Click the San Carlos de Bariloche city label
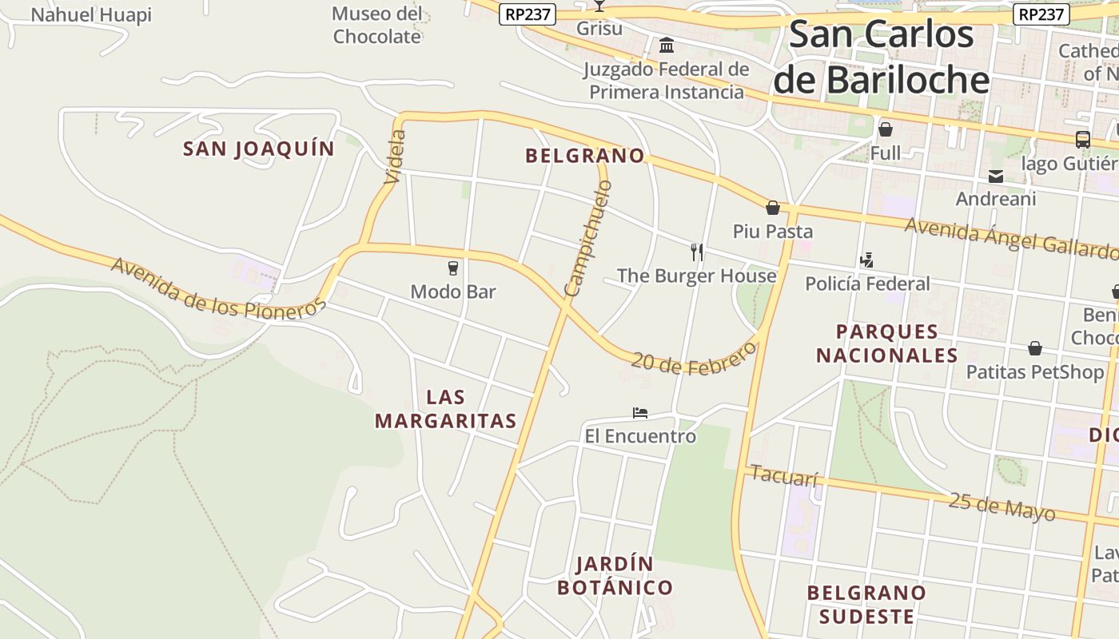coord(882,58)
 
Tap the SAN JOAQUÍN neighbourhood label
coord(258,149)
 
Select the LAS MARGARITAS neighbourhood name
coord(446,409)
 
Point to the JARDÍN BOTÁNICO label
coord(615,576)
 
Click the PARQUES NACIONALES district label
coord(886,343)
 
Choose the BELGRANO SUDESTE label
coord(866,605)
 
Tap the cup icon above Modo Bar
coord(453,268)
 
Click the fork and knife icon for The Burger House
coord(697,252)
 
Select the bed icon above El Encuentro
coord(639,413)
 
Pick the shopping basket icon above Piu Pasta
coord(773,208)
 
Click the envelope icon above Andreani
coord(996,177)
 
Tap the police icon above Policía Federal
coord(867,260)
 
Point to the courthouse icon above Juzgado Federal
coord(666,45)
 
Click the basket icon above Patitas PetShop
coord(1035,348)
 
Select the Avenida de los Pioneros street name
coord(218,288)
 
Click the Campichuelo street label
coord(587,237)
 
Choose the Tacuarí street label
coord(785,476)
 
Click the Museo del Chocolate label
coord(377,25)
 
